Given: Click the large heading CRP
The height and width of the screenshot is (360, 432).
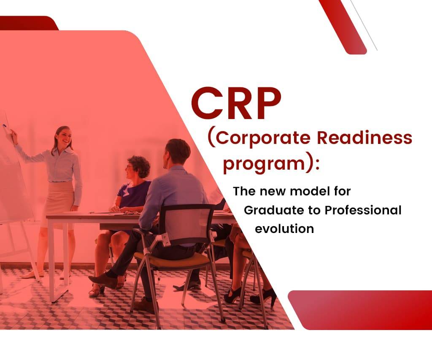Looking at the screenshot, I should click(x=236, y=103).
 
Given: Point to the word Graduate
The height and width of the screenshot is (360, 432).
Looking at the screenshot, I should click(x=270, y=210).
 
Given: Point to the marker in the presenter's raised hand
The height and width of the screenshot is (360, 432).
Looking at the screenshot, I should click(x=5, y=125).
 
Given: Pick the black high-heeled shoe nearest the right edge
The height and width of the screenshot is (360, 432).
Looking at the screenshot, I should click(x=263, y=297).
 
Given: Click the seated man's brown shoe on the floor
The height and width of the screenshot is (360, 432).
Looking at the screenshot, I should click(x=103, y=280).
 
